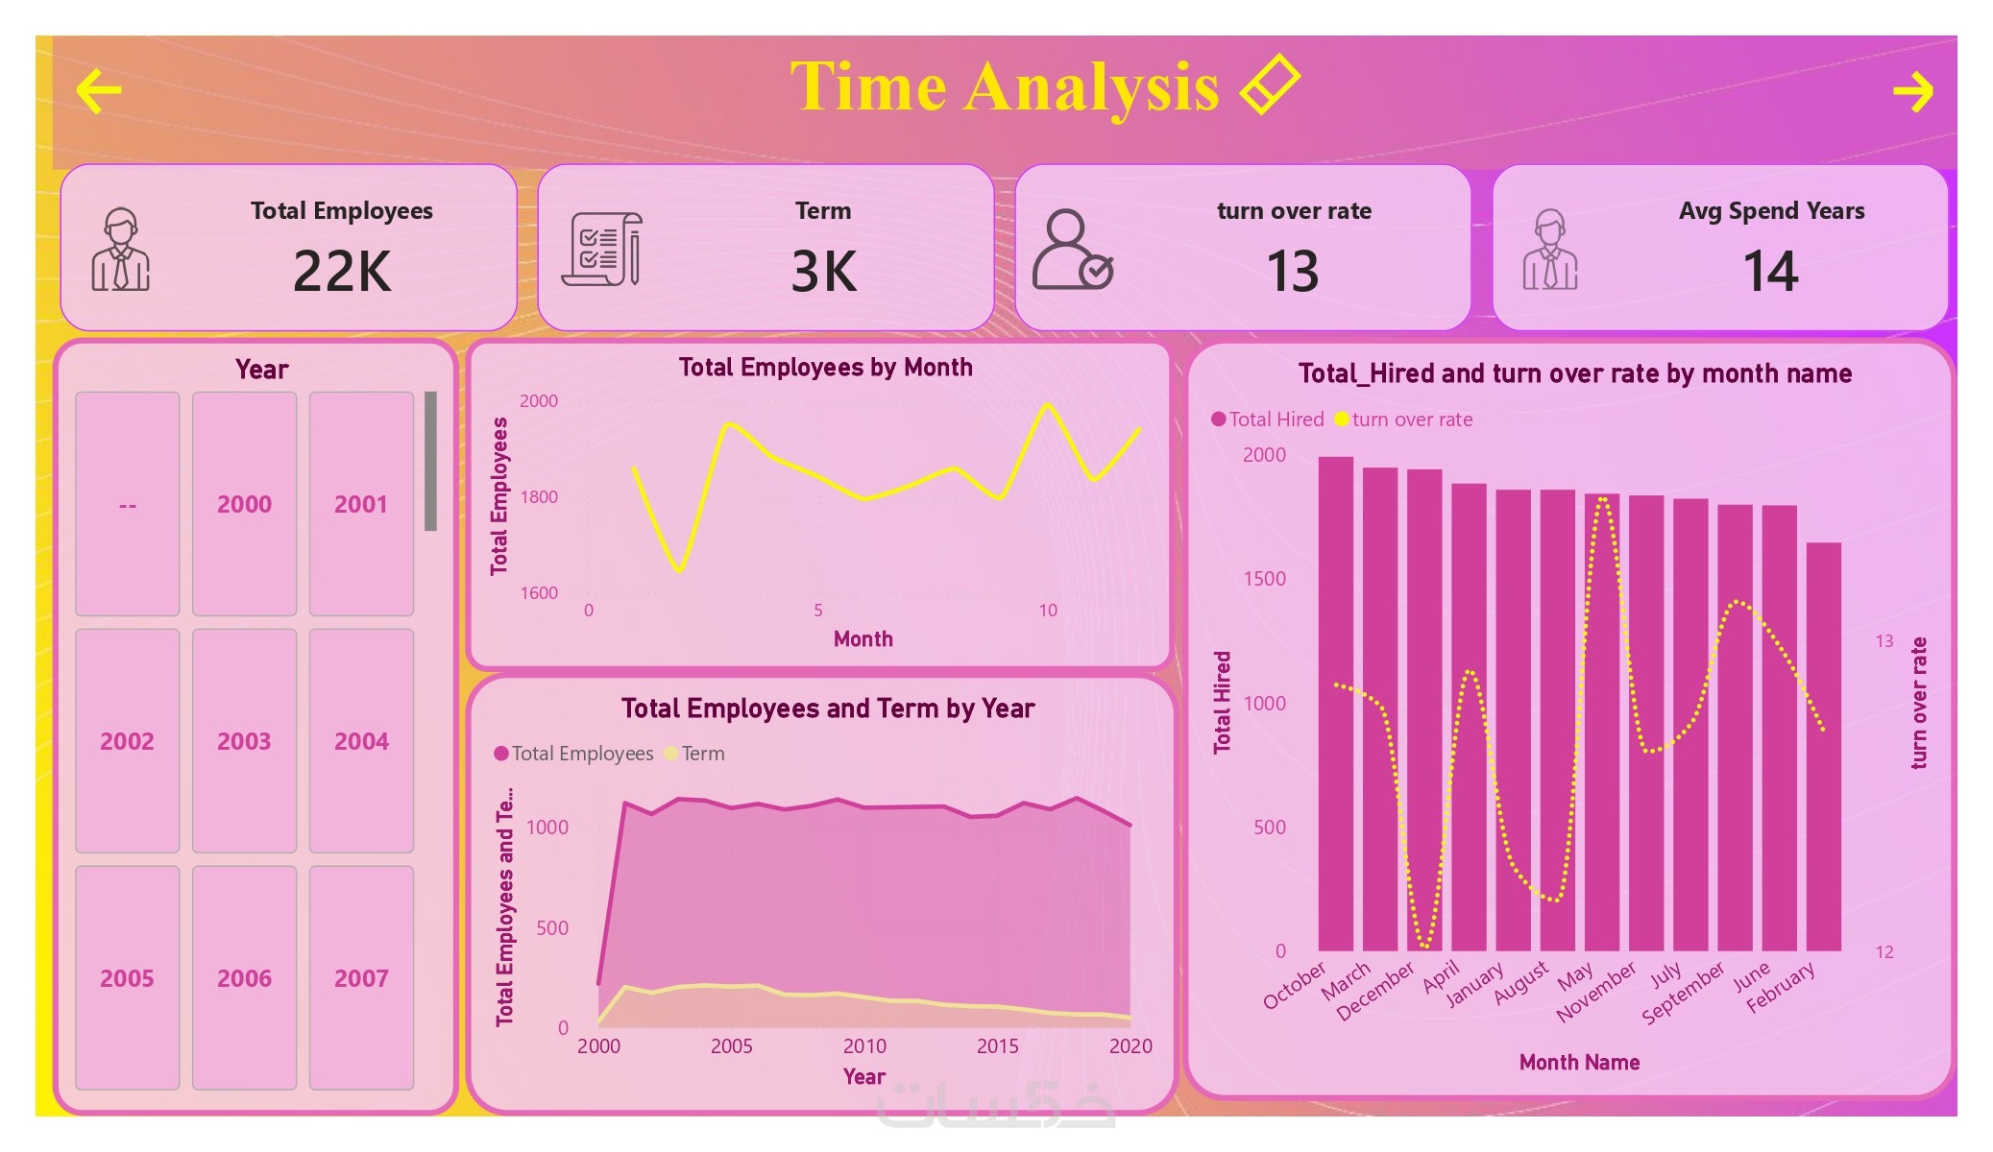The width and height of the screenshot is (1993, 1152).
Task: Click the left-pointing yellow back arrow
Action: click(x=99, y=91)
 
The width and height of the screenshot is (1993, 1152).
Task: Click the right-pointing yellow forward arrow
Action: click(x=1911, y=92)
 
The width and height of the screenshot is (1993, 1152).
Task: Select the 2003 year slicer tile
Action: click(x=244, y=740)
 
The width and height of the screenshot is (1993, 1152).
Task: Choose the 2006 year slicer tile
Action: click(x=244, y=977)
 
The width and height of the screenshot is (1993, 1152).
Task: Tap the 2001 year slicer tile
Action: click(x=361, y=503)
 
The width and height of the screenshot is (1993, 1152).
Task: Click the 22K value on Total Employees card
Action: click(x=342, y=271)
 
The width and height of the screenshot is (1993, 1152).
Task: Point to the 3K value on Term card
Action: click(x=823, y=271)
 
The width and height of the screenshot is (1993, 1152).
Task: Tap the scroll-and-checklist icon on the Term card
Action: click(x=602, y=250)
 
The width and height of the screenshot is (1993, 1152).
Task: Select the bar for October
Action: click(x=1335, y=704)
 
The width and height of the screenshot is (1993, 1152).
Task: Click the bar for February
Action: click(x=1823, y=747)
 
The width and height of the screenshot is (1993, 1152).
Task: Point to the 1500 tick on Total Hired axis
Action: click(x=1264, y=579)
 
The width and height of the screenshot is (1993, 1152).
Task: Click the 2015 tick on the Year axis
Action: click(x=997, y=1046)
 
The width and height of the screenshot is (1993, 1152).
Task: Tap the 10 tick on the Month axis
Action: click(x=1047, y=611)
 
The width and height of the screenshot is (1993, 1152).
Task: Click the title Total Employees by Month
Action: click(x=825, y=368)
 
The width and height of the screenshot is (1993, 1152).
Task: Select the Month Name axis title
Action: click(x=1579, y=1063)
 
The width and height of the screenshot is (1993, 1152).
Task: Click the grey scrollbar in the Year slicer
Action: click(x=430, y=461)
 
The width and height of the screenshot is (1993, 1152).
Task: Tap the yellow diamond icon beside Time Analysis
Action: click(x=1270, y=84)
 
